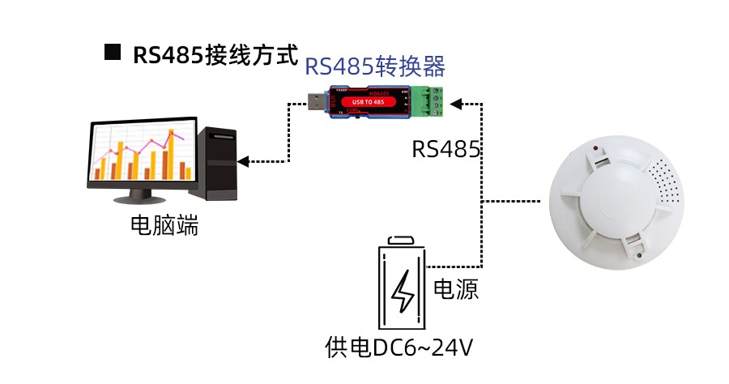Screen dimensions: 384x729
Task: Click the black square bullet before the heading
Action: (x=113, y=53)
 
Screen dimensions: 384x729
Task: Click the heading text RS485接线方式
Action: (x=210, y=54)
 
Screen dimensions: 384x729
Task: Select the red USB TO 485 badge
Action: (x=373, y=102)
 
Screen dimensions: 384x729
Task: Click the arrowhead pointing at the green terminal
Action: (x=455, y=103)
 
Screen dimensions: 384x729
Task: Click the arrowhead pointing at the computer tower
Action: (x=243, y=161)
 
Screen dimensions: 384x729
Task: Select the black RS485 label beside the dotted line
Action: (x=446, y=149)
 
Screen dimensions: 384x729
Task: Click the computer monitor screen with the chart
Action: (x=142, y=155)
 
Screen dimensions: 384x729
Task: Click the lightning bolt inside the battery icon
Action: (x=403, y=292)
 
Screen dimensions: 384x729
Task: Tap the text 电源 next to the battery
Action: (x=457, y=289)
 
